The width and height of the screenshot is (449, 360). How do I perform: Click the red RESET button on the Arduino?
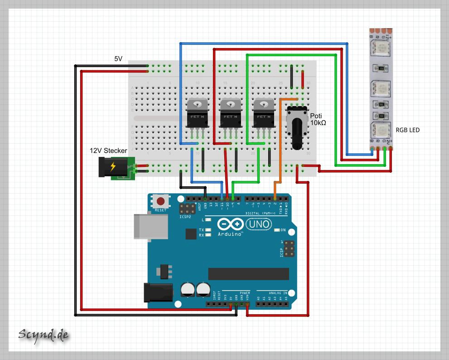coord(160,200)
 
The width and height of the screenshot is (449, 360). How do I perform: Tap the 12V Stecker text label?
coord(109,151)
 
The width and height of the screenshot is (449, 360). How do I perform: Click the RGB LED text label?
coord(407,130)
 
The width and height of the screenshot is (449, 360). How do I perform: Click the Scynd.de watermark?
coord(43,335)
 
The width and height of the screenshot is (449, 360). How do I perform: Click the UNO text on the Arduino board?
coord(259,224)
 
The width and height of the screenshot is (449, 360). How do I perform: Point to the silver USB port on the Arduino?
coord(145,225)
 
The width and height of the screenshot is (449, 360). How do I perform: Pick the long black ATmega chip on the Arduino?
coord(248,274)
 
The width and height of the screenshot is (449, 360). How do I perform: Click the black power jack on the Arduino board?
coord(158,292)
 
